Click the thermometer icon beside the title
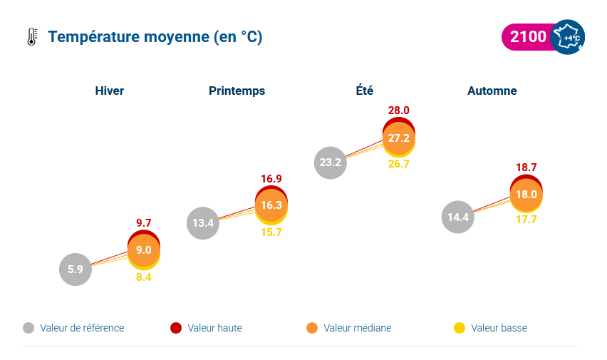(31, 37)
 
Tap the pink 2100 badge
(527, 37)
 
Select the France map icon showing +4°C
(568, 37)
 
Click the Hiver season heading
(110, 91)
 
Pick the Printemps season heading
(237, 91)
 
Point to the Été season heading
(365, 91)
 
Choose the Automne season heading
(492, 91)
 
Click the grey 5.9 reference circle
(76, 269)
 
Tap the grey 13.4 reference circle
(203, 223)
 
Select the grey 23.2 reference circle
(331, 162)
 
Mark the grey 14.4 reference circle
(458, 217)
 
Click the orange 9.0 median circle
(144, 250)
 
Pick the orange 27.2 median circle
(399, 138)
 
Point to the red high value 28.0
(399, 110)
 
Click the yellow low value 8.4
(144, 277)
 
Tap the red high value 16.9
(271, 178)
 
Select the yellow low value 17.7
(526, 220)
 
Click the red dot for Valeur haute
(176, 328)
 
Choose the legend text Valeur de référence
(83, 328)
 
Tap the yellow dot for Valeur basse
(460, 328)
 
